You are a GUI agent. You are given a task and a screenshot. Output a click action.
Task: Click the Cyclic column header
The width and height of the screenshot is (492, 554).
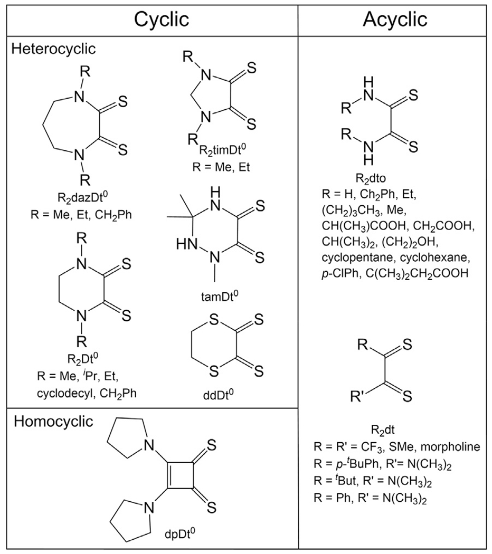tap(161, 20)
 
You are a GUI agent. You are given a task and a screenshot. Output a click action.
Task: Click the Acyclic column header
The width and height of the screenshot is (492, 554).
tap(394, 20)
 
